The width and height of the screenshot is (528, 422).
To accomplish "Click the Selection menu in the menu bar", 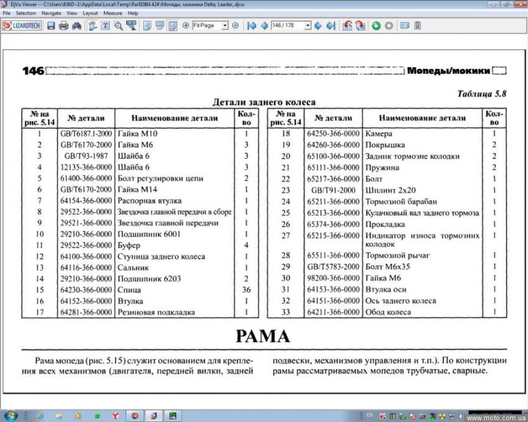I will tap(25, 12).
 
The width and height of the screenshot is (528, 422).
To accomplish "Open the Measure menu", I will tap(112, 12).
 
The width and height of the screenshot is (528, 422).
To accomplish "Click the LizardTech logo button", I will tap(22, 25).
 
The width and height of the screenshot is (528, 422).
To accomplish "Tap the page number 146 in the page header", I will tap(33, 71).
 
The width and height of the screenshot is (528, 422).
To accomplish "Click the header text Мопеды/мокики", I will tap(448, 71).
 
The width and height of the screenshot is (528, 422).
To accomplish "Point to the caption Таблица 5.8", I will tap(482, 94).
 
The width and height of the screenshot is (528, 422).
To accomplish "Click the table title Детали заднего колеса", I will tap(264, 102).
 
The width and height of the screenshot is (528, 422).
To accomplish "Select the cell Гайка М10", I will tap(138, 133).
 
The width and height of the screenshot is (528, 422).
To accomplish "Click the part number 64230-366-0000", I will tap(86, 289).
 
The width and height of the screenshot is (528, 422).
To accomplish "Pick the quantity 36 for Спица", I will tap(246, 289).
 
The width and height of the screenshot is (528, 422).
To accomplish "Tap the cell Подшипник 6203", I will tap(150, 279).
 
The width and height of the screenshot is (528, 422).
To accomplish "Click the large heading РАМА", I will tap(263, 336).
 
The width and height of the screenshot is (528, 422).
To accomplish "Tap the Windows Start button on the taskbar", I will tap(11, 415).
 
